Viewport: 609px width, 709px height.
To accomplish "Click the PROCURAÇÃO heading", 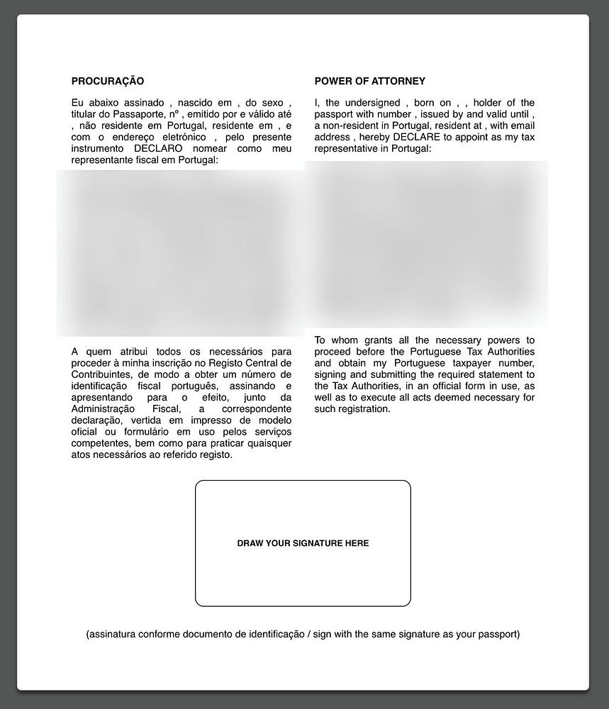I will pyautogui.click(x=108, y=82).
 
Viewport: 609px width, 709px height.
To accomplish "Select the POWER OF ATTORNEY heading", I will pyautogui.click(x=370, y=82).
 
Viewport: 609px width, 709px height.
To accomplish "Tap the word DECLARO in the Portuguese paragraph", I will pyautogui.click(x=158, y=149).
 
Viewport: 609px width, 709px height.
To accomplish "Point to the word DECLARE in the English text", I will pyautogui.click(x=417, y=137).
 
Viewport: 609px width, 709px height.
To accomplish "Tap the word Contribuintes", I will pyautogui.click(x=102, y=374).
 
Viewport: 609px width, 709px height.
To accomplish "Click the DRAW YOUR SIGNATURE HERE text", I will pyautogui.click(x=303, y=544).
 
